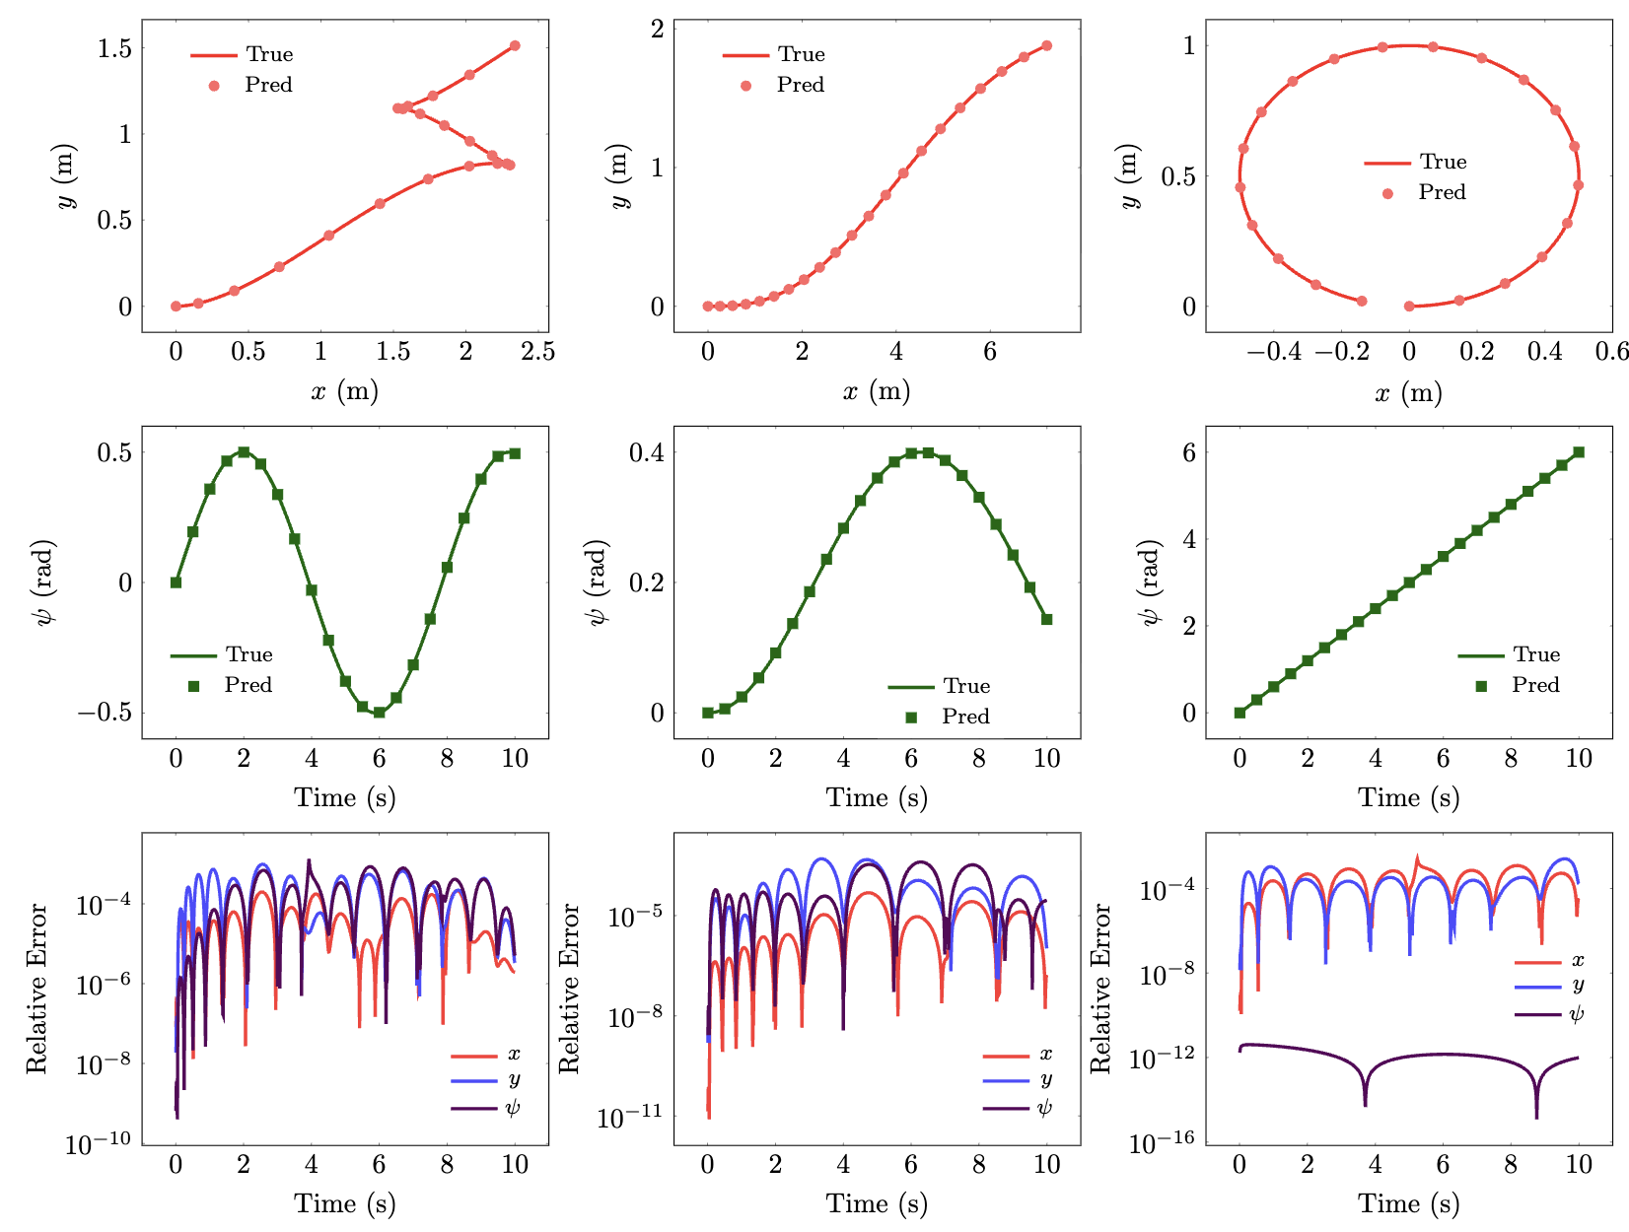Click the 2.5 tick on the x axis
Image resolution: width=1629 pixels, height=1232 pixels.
[x=538, y=352]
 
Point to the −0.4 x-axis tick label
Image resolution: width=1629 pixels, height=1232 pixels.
[x=1273, y=352]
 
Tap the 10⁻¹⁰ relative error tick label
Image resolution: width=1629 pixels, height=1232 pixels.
[x=98, y=1144]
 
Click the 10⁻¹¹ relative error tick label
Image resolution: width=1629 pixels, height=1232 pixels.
[x=629, y=1118]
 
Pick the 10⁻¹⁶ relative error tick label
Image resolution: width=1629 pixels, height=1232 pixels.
[x=1161, y=1143]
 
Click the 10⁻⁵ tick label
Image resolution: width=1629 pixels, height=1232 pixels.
[x=635, y=917]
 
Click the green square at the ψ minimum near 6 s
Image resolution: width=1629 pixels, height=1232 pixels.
[x=379, y=713]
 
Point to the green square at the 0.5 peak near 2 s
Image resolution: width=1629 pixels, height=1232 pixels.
[x=244, y=452]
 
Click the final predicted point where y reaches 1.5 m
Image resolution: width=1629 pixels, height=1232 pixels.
[x=515, y=45]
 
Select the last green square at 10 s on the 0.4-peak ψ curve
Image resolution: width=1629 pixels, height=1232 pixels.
[x=1046, y=620]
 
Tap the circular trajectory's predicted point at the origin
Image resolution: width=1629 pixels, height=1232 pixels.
[x=1409, y=307]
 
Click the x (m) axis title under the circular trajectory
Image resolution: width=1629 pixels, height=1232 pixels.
[x=1408, y=393]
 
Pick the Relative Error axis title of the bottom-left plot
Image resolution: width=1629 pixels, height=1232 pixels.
[x=37, y=989]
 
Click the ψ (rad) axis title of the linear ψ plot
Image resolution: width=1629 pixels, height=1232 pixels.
[x=1150, y=582]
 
